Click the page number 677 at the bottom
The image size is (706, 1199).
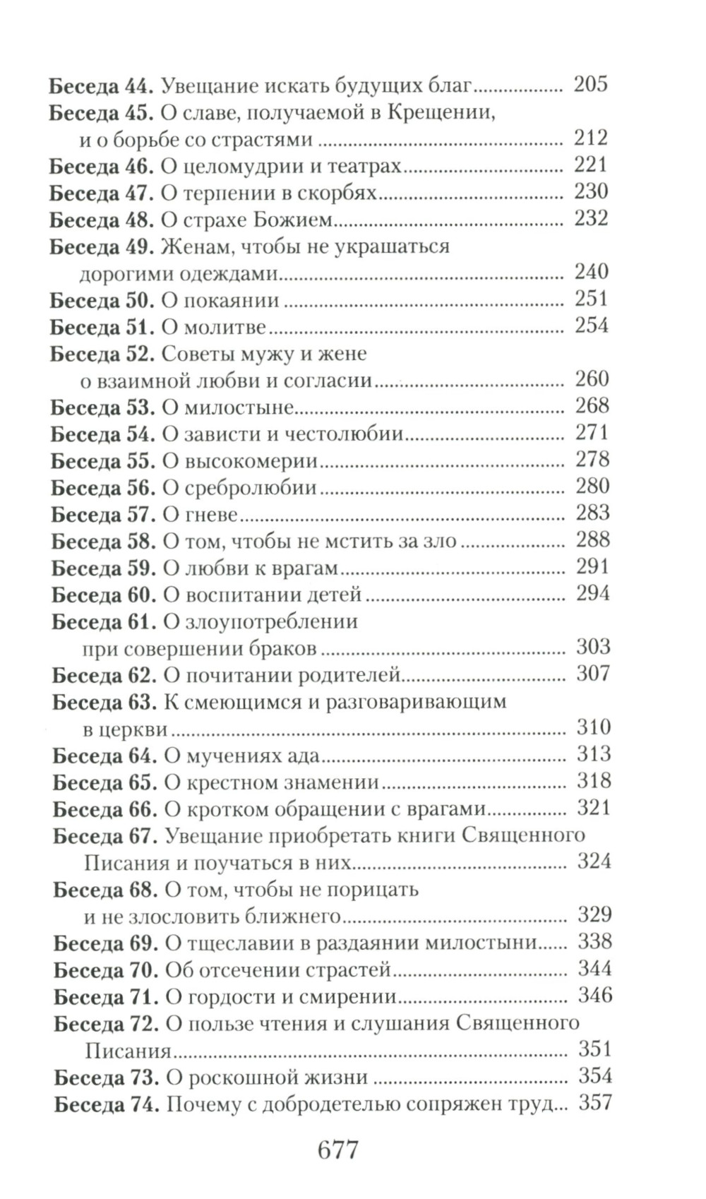pos(338,1149)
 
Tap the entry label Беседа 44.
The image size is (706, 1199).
pos(101,85)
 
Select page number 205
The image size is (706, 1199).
pos(590,85)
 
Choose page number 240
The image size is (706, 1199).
pos(591,272)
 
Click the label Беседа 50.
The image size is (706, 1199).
pos(102,300)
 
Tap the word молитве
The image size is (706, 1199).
pos(225,327)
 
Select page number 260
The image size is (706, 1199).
pos(592,379)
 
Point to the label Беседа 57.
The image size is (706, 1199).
pos(103,515)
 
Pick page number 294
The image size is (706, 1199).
pos(592,594)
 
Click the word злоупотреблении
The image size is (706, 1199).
pos(270,622)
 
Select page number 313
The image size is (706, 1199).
pos(593,755)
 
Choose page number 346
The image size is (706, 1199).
pos(594,996)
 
